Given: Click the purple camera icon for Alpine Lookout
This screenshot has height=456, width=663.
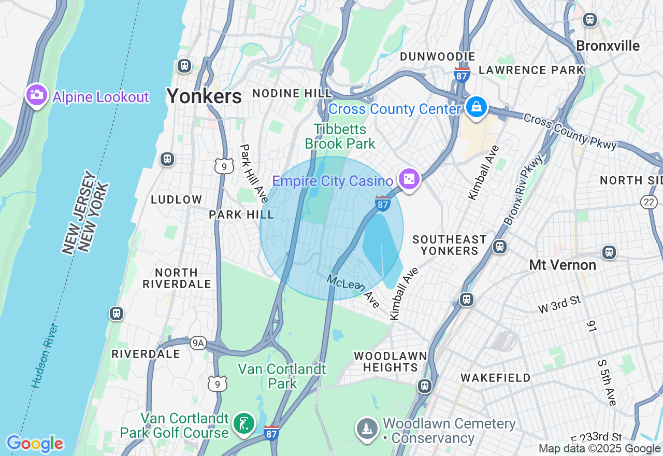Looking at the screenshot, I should tap(37, 95).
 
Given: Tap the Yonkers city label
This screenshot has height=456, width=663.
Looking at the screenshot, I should tap(204, 96).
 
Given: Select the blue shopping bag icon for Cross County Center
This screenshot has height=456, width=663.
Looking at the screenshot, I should tap(475, 107).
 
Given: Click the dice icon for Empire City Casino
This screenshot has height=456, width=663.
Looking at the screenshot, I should tap(409, 179).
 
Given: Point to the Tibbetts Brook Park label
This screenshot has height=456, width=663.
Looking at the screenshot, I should tap(340, 136).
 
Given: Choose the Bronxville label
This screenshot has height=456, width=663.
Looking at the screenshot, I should tap(608, 46).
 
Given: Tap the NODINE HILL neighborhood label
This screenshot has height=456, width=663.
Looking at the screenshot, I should tap(292, 93).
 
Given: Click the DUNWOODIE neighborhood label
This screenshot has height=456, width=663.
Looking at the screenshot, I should tap(438, 56).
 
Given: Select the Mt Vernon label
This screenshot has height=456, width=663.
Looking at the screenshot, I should tap(563, 265).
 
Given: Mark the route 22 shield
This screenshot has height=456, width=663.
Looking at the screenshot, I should tap(650, 202).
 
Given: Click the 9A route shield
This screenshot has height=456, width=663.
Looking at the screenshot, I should tap(198, 343).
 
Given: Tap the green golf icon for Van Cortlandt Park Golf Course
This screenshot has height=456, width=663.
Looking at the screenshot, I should tap(243, 424).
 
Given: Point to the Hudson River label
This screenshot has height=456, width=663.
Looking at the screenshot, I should tap(44, 356).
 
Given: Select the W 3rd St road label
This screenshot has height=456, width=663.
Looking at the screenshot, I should tap(560, 304).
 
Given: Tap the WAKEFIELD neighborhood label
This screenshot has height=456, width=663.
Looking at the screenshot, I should tap(496, 378).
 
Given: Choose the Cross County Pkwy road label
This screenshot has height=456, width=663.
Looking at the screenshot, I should tap(570, 131).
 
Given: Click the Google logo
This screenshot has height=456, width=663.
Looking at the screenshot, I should tap(35, 444).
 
